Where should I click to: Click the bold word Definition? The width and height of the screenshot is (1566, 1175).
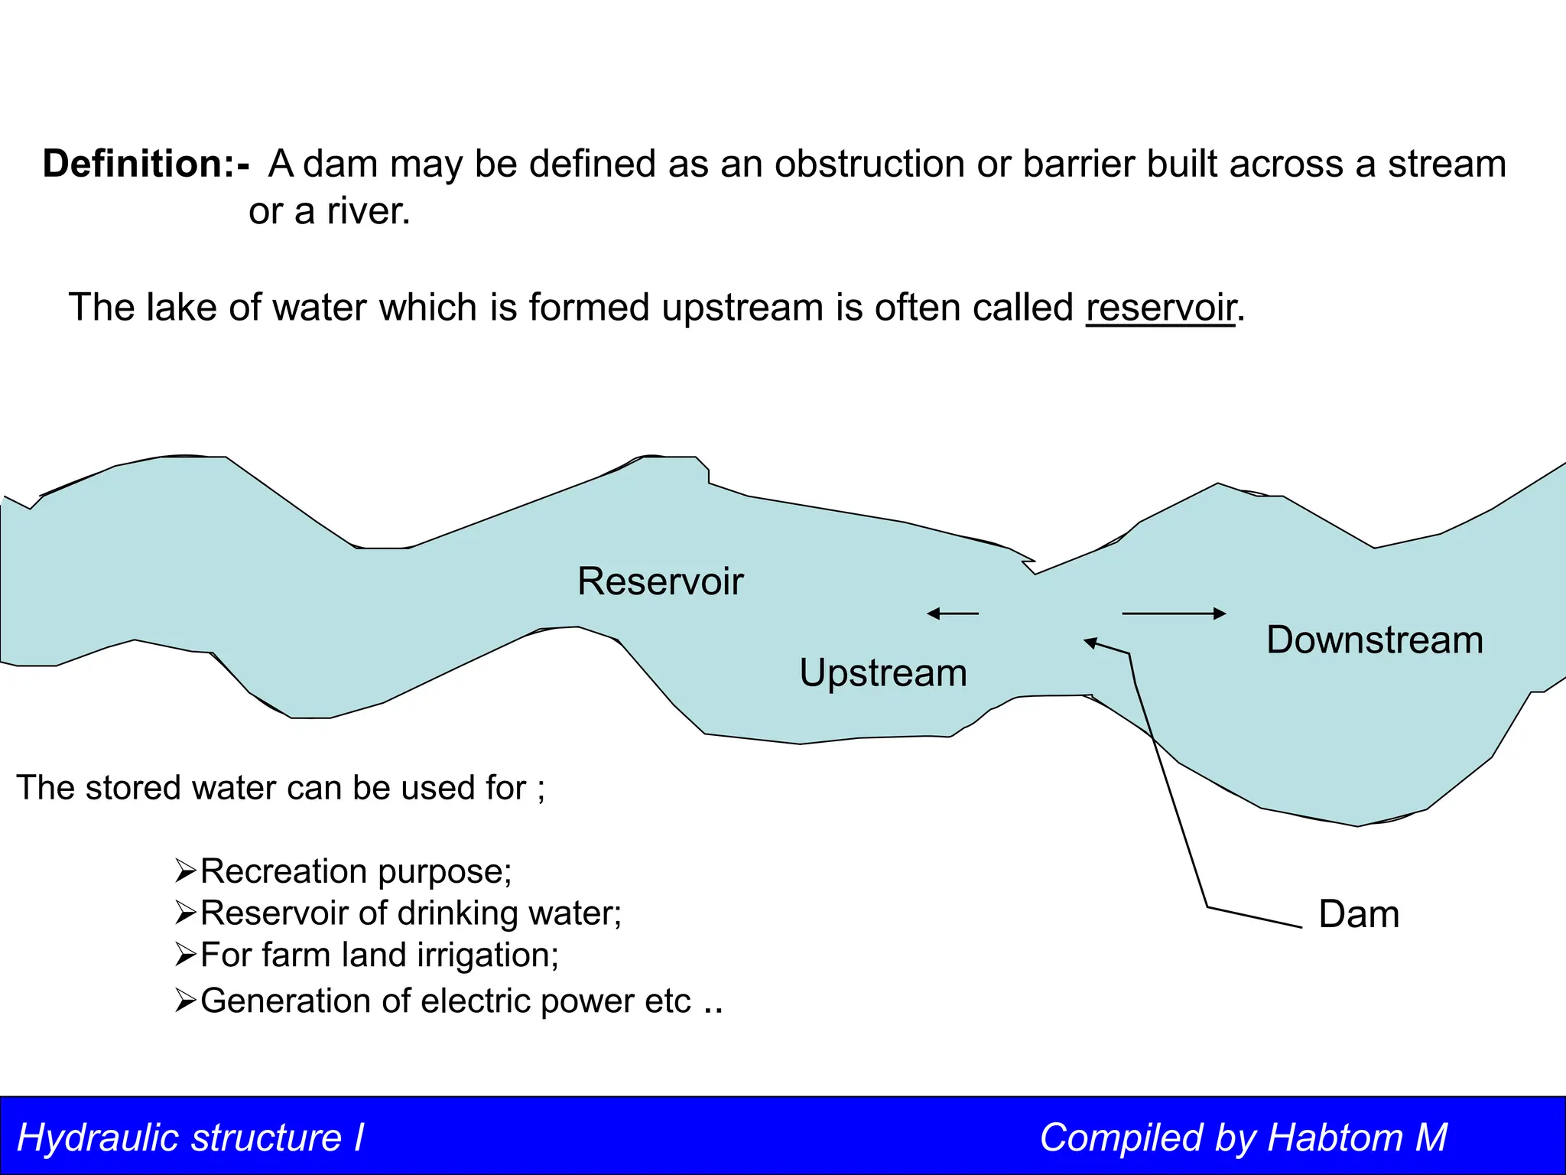133,164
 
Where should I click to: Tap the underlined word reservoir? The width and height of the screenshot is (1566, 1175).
1161,308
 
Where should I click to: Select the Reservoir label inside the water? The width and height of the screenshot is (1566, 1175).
660,581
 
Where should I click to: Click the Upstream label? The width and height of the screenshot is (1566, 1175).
883,673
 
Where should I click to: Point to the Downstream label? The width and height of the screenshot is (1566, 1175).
1374,640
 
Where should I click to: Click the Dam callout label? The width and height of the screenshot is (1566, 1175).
1359,915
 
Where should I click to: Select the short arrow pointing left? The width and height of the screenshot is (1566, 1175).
952,614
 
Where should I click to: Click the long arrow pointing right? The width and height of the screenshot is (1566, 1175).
1174,614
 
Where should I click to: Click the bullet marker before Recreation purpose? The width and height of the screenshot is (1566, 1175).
186,871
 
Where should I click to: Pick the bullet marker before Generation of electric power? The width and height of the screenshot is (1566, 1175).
186,1001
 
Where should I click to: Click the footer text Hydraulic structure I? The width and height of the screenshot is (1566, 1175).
190,1138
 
